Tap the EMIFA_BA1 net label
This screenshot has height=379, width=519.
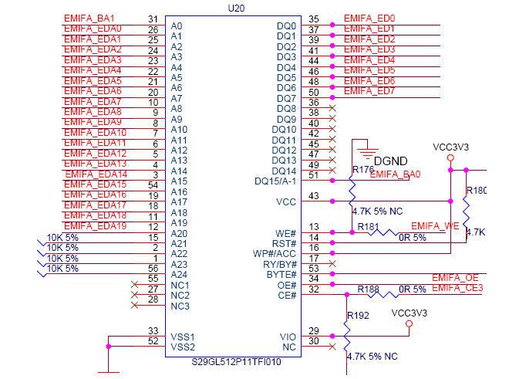click(x=89, y=19)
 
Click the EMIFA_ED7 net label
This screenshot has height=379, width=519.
click(x=369, y=91)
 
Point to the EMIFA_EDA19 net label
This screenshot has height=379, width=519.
click(x=94, y=226)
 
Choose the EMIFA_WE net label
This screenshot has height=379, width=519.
click(x=435, y=225)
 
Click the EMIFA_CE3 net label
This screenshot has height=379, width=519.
click(x=457, y=288)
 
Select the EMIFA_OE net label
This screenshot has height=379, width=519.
click(x=455, y=278)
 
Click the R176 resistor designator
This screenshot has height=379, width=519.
click(x=362, y=169)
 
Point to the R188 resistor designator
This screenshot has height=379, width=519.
click(x=368, y=289)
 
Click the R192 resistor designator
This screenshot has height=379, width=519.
click(x=358, y=316)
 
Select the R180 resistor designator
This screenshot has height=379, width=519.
click(x=477, y=191)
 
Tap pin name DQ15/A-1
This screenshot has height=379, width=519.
click(x=275, y=181)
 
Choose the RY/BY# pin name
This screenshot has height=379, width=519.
click(x=278, y=264)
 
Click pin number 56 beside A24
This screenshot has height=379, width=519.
click(x=154, y=269)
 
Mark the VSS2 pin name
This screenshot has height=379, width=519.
click(x=183, y=347)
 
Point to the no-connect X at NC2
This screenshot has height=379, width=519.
click(x=135, y=294)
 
